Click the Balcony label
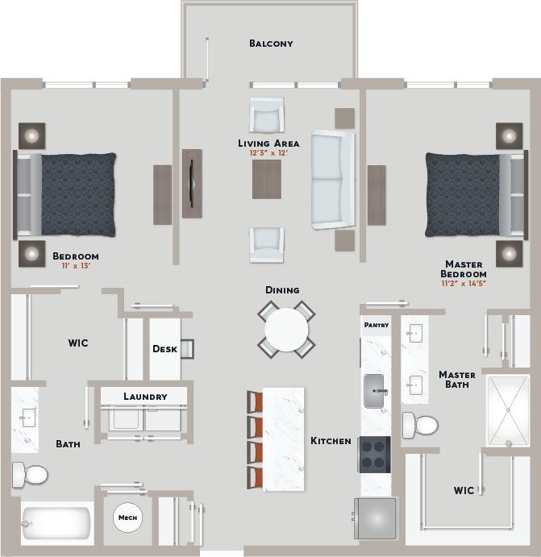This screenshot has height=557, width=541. (x=271, y=44)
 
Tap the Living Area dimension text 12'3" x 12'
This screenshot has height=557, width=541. (x=268, y=152)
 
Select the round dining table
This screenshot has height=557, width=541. (x=286, y=330)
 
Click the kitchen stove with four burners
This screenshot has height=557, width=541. (x=374, y=455)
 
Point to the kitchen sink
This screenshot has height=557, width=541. (x=374, y=391)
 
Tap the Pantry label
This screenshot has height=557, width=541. (x=377, y=325)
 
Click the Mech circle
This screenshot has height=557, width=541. (x=127, y=518)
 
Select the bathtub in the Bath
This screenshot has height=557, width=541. (x=56, y=523)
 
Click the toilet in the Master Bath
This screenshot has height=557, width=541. (x=420, y=425)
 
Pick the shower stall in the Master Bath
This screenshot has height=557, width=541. (x=508, y=410)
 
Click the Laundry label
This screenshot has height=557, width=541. (x=145, y=397)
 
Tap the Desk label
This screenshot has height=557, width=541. (x=164, y=349)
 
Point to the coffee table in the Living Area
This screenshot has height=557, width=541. (x=267, y=179)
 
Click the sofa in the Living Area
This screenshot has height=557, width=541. (x=333, y=180)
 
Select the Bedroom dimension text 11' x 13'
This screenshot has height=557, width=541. (x=76, y=266)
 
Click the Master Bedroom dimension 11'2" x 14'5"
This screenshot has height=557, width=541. (x=464, y=283)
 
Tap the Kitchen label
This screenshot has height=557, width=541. (x=331, y=441)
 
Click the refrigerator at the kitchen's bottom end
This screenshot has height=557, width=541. (x=375, y=518)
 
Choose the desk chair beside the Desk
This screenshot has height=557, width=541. (x=187, y=348)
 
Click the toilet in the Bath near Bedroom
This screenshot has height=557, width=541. (x=30, y=474)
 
